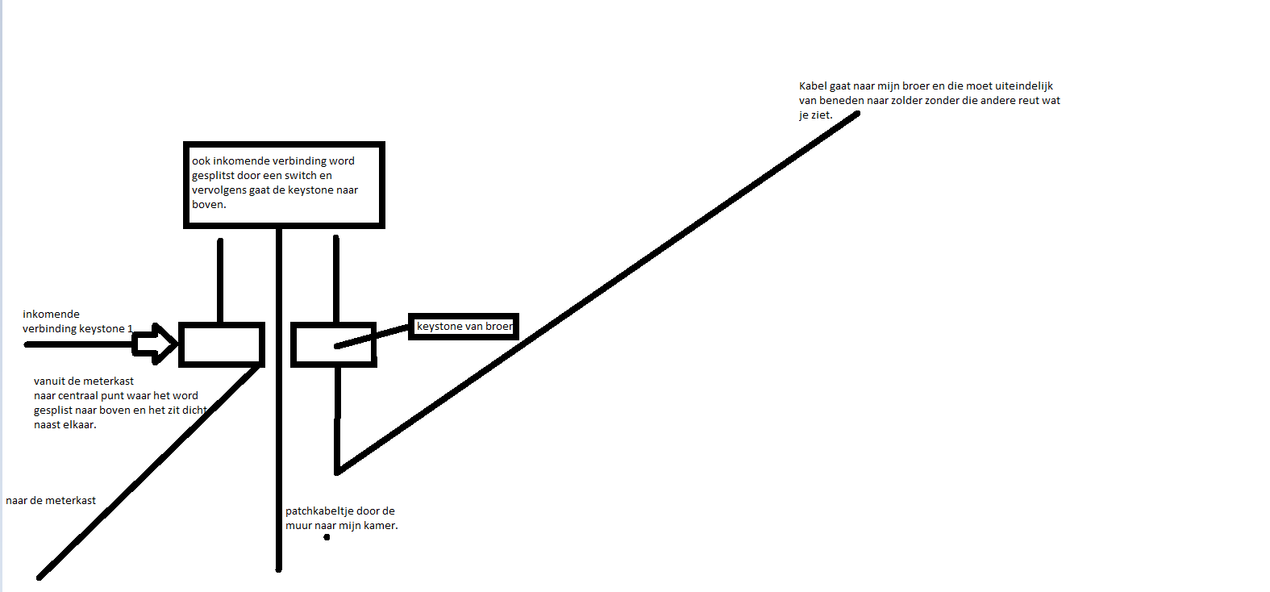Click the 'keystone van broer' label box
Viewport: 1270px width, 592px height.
pos(463,327)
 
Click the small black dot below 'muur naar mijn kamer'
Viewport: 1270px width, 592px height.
pos(327,537)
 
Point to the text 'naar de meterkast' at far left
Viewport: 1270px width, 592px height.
pos(51,500)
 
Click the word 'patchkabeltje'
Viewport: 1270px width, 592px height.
pos(319,511)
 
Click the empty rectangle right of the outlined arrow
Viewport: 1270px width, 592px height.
pos(222,344)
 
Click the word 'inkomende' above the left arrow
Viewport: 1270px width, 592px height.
pos(51,314)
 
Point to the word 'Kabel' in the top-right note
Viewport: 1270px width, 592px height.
pos(813,85)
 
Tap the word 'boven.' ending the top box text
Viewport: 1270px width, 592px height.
pos(209,204)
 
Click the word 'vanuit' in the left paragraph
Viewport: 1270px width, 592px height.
pos(49,381)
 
